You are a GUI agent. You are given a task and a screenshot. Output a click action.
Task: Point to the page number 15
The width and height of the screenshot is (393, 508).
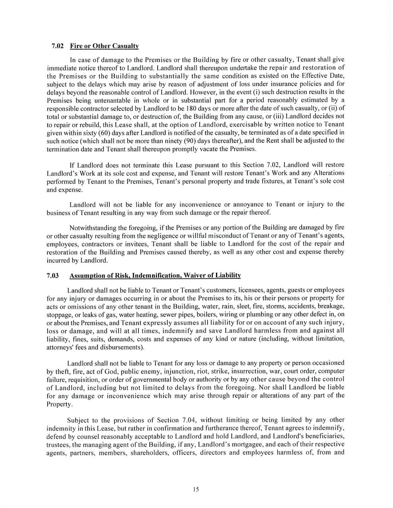tap(196, 490)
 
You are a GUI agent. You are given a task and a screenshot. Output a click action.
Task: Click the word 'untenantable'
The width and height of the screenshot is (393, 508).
tap(109, 100)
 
